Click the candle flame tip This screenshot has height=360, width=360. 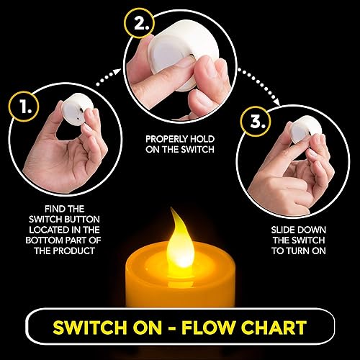pyautogui.click(x=173, y=212)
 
